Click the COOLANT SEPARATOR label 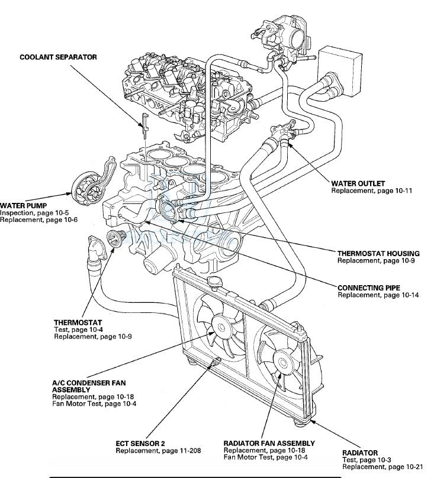[x=58, y=57]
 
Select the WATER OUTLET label [x=358, y=183]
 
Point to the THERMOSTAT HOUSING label [x=378, y=253]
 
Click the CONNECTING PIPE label [x=368, y=288]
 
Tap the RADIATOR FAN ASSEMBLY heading [x=269, y=443]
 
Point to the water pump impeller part [x=81, y=186]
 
